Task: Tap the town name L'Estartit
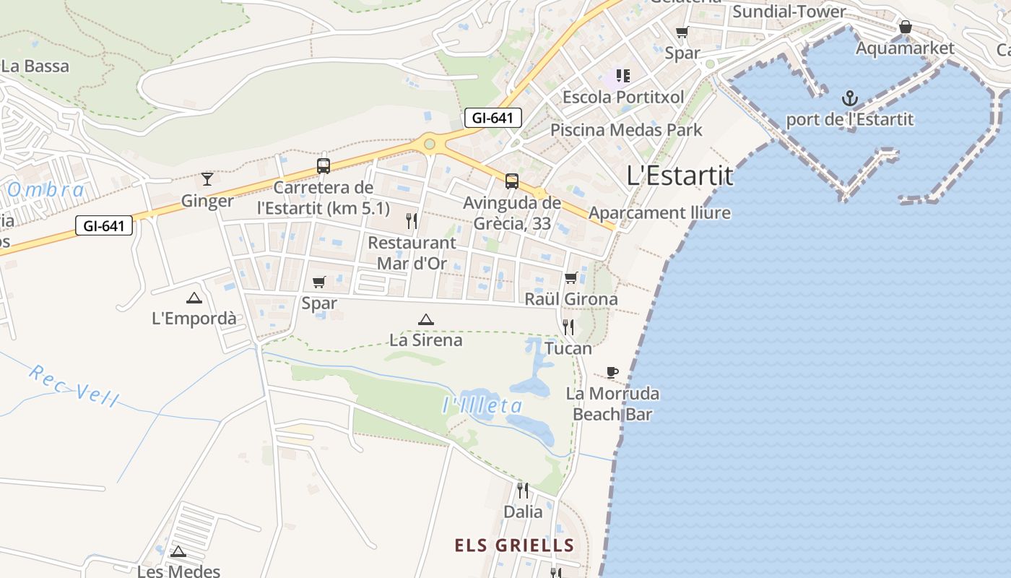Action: (x=680, y=176)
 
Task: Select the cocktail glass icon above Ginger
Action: (x=207, y=178)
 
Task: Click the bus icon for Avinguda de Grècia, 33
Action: (x=511, y=181)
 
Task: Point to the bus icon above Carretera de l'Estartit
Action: (x=324, y=166)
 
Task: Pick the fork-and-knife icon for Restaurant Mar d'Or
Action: (x=412, y=221)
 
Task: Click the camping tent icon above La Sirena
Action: (x=426, y=319)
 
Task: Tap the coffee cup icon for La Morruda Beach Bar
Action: (x=612, y=373)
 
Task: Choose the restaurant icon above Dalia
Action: (x=523, y=491)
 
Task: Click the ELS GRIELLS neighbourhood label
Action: (x=514, y=545)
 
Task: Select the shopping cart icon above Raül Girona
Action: (x=570, y=278)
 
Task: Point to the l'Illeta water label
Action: (x=482, y=406)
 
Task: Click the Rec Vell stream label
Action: (x=73, y=385)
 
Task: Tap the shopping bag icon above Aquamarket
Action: (x=905, y=27)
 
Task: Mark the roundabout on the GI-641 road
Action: (x=430, y=144)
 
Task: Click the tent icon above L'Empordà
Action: (x=194, y=298)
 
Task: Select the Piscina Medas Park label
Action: (x=626, y=130)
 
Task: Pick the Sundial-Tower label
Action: (x=789, y=12)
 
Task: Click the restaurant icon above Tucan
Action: (x=568, y=327)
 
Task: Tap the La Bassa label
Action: (x=35, y=66)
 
